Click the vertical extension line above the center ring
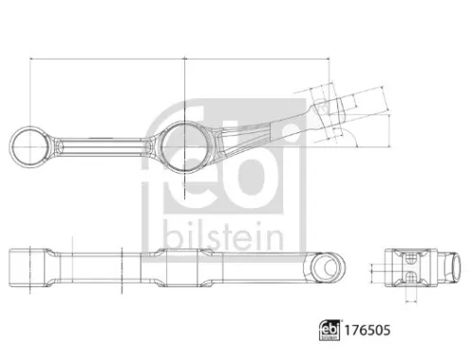click(x=184, y=90)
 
